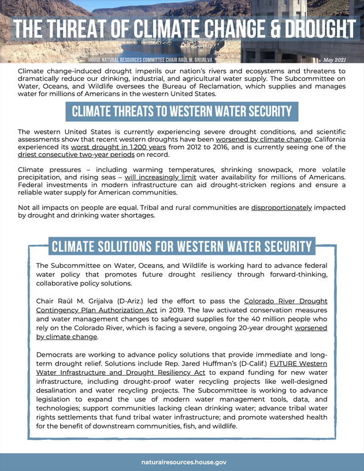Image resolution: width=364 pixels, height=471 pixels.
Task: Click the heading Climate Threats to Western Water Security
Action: [x=182, y=111]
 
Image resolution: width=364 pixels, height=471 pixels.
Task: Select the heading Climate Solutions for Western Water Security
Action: [x=181, y=246]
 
